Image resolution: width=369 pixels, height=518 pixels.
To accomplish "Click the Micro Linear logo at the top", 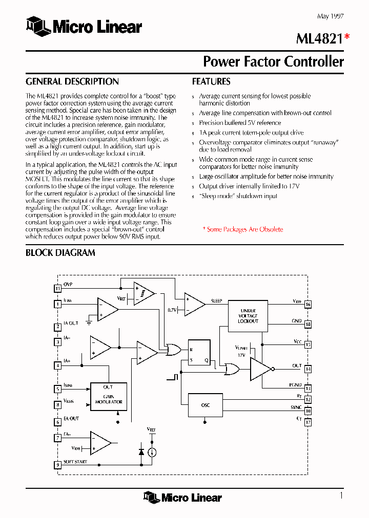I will point(84,26).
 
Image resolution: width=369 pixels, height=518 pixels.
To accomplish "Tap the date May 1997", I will point(330,16).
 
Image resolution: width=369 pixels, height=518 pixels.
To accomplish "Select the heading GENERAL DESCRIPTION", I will point(72,81).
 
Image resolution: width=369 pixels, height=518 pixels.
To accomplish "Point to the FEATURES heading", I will point(211,81).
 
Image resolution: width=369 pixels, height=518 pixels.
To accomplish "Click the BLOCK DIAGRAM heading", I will point(60,252).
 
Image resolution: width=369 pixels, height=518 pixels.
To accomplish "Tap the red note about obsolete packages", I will point(243,229).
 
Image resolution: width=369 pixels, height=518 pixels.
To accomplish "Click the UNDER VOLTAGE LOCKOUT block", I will point(248,316).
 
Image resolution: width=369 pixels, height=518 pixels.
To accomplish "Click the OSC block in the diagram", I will point(206,405).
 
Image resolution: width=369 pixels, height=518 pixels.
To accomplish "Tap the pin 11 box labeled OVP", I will point(57,288).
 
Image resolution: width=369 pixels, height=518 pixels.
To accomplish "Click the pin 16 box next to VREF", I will point(308,305).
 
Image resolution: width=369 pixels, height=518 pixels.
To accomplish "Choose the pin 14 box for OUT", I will point(308,369).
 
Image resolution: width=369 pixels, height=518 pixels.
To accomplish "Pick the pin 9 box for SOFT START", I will point(57,465).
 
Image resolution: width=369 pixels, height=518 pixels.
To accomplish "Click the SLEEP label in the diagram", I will point(216,301).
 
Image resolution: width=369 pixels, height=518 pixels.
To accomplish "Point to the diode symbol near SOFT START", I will point(141,452).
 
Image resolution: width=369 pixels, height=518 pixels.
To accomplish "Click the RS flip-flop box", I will point(199,353).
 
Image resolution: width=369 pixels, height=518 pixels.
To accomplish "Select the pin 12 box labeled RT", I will point(308,400).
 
